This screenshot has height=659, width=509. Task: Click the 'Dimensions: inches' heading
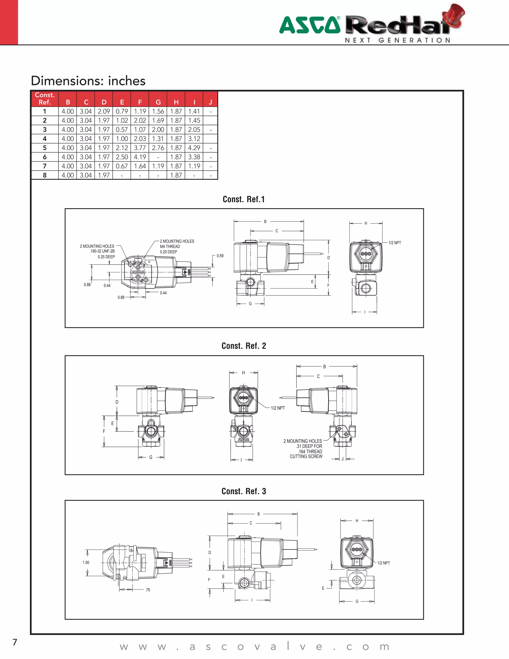click(88, 81)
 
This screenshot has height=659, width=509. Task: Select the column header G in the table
click(158, 102)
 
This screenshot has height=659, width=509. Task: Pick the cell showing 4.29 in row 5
click(194, 148)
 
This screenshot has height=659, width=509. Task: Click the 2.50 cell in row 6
click(122, 157)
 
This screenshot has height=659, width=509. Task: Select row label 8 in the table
click(45, 175)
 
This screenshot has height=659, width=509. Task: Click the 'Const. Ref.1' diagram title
click(244, 199)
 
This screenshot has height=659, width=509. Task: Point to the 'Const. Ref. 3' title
click(244, 491)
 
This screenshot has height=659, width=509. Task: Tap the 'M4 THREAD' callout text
click(170, 246)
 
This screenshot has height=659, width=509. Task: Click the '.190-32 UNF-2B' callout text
click(102, 251)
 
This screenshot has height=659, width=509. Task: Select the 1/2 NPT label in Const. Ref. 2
click(278, 408)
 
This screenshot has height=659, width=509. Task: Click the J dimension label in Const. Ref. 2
click(342, 459)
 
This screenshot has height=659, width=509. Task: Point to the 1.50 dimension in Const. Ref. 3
click(86, 563)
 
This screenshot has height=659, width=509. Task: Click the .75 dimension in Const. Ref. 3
click(147, 590)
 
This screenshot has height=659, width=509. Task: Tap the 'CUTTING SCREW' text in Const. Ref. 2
click(306, 457)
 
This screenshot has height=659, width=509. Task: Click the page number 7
click(15, 642)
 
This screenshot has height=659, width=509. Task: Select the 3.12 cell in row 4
click(194, 139)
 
